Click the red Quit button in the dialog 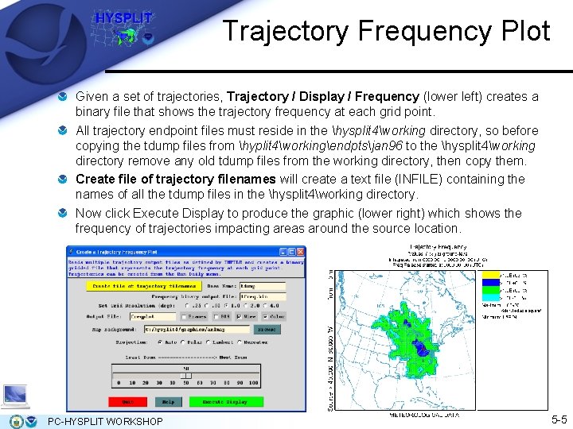click(x=127, y=402)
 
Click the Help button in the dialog click(x=168, y=402)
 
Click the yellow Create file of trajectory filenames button click(x=143, y=286)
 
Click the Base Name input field click(x=262, y=286)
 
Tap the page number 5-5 click(x=558, y=419)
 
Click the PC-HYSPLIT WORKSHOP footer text click(x=106, y=420)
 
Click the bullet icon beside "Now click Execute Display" click(x=64, y=214)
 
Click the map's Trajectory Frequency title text click(x=434, y=249)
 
